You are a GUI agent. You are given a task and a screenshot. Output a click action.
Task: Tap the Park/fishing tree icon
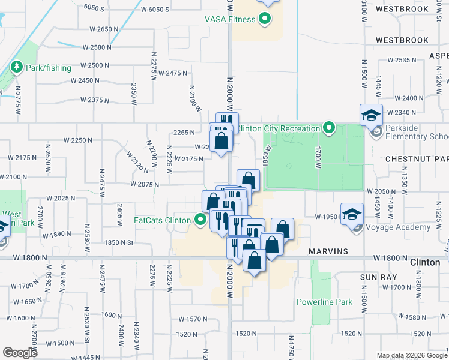(16, 67)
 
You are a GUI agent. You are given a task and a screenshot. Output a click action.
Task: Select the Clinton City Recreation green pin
(328, 127)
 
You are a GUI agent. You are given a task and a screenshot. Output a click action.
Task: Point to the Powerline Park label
(324, 302)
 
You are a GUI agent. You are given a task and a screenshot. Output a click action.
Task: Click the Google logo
(20, 352)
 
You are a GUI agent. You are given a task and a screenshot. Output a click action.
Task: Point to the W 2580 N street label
(98, 47)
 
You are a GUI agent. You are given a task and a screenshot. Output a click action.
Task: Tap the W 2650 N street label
(96, 29)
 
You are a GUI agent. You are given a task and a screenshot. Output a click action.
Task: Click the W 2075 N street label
(143, 185)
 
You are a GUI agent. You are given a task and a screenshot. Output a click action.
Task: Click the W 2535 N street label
(402, 60)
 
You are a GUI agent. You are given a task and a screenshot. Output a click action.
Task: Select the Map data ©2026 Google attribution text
(411, 355)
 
